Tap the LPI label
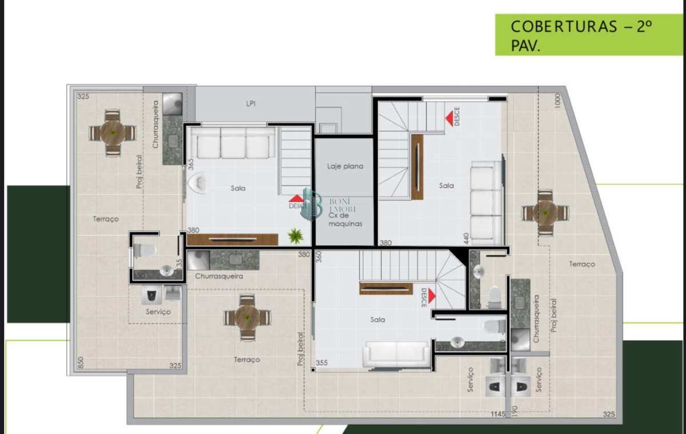click(250, 104)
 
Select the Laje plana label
click(345, 166)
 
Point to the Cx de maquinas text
click(345, 219)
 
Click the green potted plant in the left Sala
click(296, 235)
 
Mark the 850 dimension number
click(81, 362)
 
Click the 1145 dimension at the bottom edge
click(498, 414)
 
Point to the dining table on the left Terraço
click(113, 132)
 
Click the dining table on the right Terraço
click(546, 212)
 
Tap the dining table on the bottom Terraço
click(247, 317)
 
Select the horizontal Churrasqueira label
click(219, 276)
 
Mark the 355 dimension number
click(322, 362)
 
